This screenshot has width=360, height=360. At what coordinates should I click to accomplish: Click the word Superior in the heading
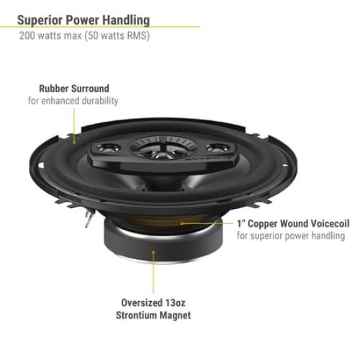click(44, 20)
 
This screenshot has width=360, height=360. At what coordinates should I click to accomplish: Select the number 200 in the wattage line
click(27, 36)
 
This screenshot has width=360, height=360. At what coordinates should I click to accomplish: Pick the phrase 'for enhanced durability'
click(73, 102)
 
